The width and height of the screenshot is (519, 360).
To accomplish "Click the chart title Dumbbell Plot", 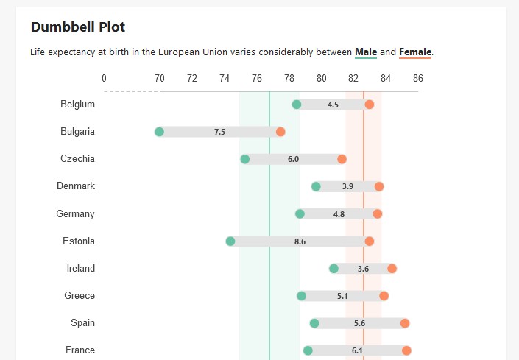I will pos(78,27).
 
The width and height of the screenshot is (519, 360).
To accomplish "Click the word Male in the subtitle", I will pos(366,52).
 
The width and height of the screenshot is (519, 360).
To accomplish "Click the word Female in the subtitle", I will pos(415,52).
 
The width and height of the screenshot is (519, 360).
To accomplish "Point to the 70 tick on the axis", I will pos(159,78).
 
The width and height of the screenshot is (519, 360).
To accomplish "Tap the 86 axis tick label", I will pos(418,78).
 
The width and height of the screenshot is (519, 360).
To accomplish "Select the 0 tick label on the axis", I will pos(104,78).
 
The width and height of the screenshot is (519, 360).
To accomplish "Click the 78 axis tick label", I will pos(289,78).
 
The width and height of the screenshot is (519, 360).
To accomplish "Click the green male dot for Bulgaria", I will pos(159,132).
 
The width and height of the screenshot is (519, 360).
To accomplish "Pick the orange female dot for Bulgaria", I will pos(280,132).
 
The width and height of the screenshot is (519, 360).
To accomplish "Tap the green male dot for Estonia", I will pos(230,241).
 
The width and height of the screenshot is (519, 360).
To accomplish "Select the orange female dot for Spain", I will pos(405,323).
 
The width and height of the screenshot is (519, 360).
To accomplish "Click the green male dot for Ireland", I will pos(333,269).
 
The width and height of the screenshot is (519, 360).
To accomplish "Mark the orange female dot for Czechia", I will pos(342,159).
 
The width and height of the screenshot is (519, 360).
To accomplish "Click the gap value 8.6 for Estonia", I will pos(300,241).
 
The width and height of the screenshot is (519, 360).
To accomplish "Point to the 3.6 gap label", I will pos(363,269).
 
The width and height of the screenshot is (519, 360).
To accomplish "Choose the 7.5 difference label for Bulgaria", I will pos(219,132).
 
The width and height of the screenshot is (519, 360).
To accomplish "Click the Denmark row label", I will pos(76,186).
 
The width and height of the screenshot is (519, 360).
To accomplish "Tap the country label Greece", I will pos(80,296).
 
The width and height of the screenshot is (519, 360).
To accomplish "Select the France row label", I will pos(80,350).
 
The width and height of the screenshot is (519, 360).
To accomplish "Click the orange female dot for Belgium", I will pos(370,105).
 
